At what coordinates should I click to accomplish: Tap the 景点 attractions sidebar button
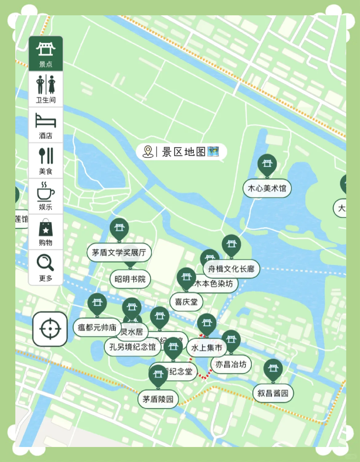pos(46,54)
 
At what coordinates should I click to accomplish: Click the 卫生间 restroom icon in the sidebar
pos(46,89)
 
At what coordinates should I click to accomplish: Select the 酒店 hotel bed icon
pos(46,125)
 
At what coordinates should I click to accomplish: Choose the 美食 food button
pos(46,160)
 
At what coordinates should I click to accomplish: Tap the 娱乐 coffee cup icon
pos(46,196)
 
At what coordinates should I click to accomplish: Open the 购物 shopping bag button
pos(46,232)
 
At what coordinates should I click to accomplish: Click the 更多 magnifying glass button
pos(46,267)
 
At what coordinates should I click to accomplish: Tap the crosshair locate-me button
pos(50,329)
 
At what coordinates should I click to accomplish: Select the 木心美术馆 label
pos(267,188)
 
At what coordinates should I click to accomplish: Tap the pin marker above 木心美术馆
pos(267,164)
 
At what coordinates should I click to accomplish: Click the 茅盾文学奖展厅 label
pos(119,253)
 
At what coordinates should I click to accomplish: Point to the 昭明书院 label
pos(130,279)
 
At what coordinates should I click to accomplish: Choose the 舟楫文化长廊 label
pos(231,269)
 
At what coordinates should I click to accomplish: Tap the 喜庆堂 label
pos(186,302)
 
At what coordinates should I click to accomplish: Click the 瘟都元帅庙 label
pos(97,328)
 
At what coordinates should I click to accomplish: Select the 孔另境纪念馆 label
pos(133,347)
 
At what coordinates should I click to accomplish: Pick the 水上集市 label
pos(207,347)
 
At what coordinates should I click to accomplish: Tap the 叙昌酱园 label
pos(273,393)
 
